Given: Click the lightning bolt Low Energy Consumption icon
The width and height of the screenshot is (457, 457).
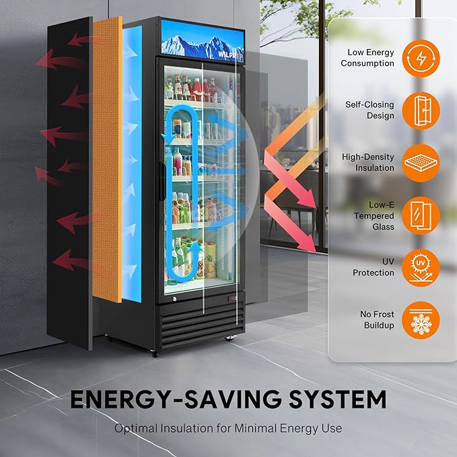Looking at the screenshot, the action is (x=421, y=59).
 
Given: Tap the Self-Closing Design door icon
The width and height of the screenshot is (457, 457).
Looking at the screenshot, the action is (x=421, y=111).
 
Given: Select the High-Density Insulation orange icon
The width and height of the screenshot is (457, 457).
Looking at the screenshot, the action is (x=421, y=163).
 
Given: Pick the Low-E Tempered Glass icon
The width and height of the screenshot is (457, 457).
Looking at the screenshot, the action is (x=421, y=215).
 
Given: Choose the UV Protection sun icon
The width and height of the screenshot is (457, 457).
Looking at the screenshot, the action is (x=421, y=268).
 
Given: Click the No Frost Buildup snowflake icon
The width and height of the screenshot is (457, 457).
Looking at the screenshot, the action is (x=421, y=320).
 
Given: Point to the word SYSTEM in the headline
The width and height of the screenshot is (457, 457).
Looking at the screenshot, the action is (x=337, y=399).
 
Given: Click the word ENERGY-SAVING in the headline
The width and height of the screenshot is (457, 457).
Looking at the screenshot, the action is (x=176, y=399).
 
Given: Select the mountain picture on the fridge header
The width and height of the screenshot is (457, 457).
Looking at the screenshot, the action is (x=203, y=41).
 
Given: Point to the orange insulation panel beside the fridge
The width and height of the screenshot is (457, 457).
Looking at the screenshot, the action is (x=107, y=160).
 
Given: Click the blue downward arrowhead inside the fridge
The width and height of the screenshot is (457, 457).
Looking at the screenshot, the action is (x=168, y=137).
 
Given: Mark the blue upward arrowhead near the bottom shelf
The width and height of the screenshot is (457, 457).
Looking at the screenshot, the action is (x=196, y=247).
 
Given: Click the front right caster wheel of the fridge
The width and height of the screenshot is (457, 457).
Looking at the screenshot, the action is (x=231, y=338).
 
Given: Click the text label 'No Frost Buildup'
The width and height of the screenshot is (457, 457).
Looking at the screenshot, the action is (x=377, y=320).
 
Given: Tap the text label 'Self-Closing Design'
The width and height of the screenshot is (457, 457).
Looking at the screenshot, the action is (x=370, y=110).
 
